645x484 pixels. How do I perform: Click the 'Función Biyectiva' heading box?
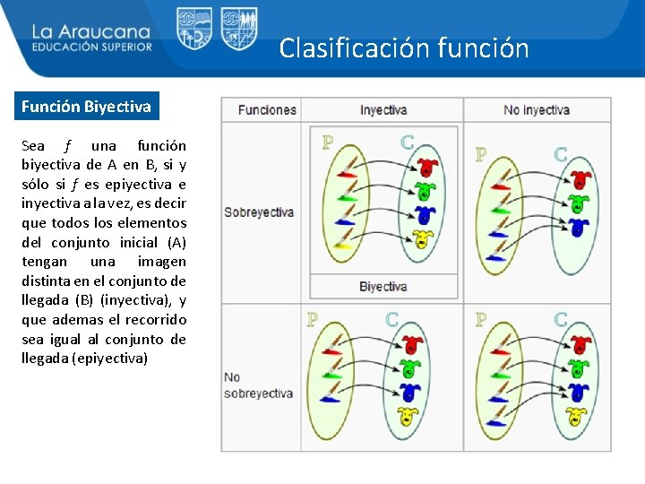pos(87,108)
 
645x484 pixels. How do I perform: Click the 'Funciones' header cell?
pos(266,109)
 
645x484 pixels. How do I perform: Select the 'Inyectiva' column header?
pos(383,109)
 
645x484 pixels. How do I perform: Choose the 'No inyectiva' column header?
pos(536,109)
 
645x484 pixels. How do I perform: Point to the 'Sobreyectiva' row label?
pos(259,212)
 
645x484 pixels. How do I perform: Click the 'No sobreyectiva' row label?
pos(259,385)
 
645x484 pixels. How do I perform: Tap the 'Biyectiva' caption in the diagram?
pos(383,287)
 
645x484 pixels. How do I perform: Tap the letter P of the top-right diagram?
pos(481,154)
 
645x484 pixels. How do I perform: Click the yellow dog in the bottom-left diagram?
pos(408,415)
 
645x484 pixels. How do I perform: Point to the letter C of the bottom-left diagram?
pos(391,319)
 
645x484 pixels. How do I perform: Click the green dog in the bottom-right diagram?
pos(580,368)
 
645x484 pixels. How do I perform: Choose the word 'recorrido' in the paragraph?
pos(155,320)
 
